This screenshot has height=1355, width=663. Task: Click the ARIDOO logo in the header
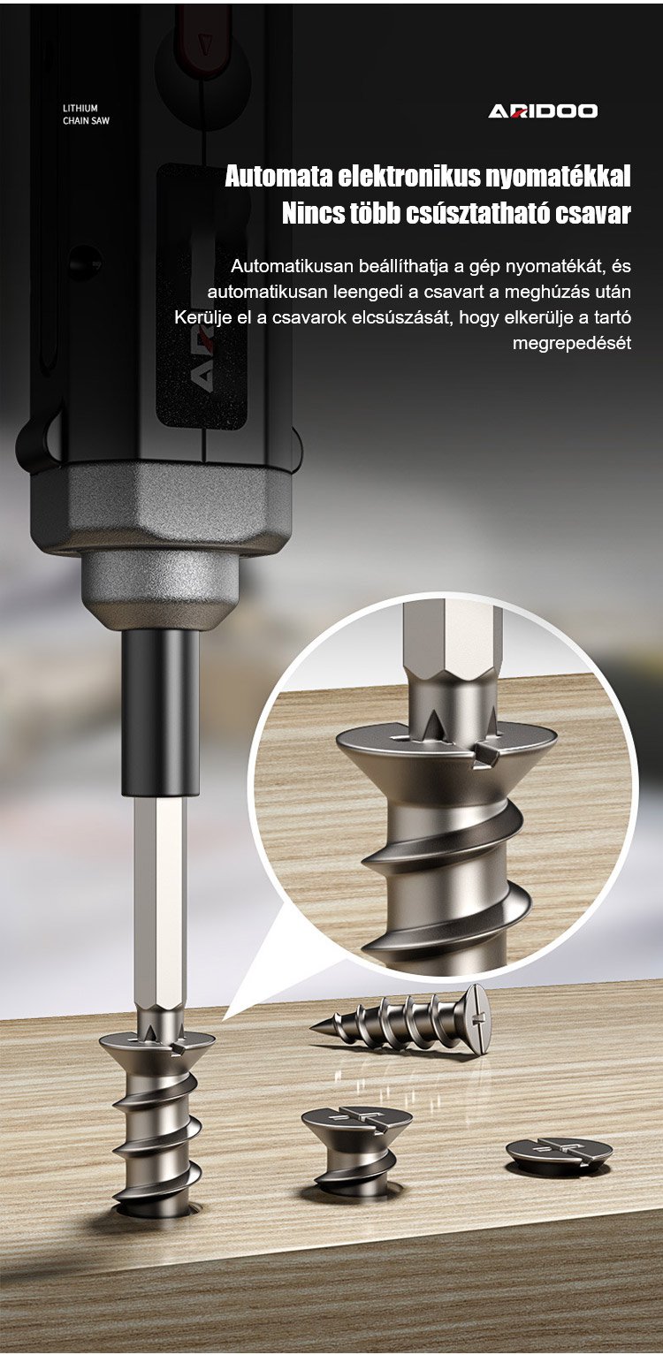pos(543,110)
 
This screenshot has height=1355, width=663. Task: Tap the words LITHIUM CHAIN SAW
pos(86,114)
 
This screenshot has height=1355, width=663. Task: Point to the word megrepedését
pos(572,344)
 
